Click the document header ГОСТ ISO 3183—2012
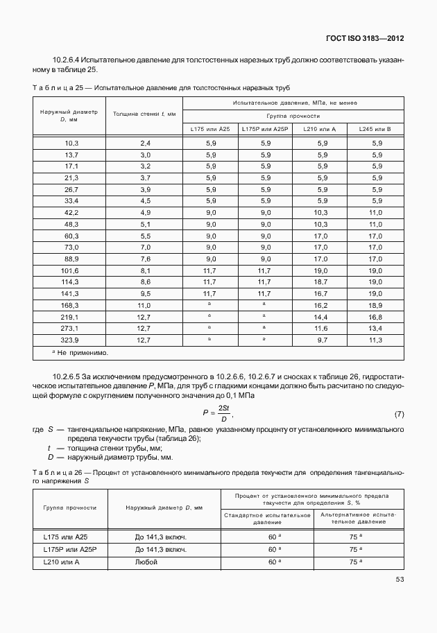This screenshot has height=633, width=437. click(365, 39)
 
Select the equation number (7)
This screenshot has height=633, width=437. click(399, 415)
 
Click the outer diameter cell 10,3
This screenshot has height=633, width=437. click(71, 142)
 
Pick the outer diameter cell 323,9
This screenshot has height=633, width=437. click(71, 340)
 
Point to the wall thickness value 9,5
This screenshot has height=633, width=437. click(145, 293)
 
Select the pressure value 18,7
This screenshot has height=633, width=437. click(320, 282)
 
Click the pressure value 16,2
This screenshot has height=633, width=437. click(320, 305)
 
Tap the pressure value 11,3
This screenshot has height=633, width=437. click(375, 340)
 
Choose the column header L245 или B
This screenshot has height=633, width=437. click(375, 129)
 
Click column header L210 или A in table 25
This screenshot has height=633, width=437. click(320, 129)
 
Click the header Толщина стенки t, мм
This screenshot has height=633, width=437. click(145, 113)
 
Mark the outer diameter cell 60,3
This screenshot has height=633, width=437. click(71, 236)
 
